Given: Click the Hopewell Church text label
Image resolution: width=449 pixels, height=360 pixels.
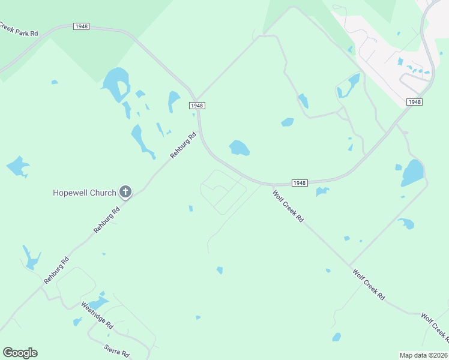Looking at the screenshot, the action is pos(84,193).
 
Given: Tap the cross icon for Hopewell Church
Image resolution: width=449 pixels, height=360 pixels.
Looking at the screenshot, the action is pos(125,192).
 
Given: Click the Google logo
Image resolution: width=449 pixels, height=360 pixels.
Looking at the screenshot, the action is pos(20,353).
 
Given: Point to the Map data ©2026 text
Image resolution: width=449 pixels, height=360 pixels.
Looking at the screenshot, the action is pos(423,355).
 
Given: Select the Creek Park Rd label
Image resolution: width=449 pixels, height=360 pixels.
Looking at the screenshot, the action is pos(18,29).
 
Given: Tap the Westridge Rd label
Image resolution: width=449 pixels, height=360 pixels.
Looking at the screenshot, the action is pos(97,314).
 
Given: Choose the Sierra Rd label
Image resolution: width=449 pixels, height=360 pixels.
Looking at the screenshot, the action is pos(116,351).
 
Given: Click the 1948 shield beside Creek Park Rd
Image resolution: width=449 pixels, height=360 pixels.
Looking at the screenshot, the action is pos(81,26).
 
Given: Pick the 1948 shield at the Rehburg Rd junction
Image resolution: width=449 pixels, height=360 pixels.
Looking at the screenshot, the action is pos(197,105).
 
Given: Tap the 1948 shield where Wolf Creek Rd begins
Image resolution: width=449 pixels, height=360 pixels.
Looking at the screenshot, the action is pos(300,182).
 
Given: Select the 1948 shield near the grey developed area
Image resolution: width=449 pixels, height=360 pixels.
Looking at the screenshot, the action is pos(414,102).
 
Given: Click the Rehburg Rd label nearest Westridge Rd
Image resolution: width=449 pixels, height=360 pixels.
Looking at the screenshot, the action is pos(56,271).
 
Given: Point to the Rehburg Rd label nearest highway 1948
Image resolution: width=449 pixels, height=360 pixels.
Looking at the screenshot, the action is pos(184,145).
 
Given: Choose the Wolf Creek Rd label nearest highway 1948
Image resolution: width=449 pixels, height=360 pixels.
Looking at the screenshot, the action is pos(288,206).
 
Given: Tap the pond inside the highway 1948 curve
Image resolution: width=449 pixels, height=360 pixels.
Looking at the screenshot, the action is pos(239,148).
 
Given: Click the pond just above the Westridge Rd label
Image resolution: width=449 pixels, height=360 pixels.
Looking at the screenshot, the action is pos(98,303).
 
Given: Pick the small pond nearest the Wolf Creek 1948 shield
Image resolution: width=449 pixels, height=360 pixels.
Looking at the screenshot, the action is pos(322,192).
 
